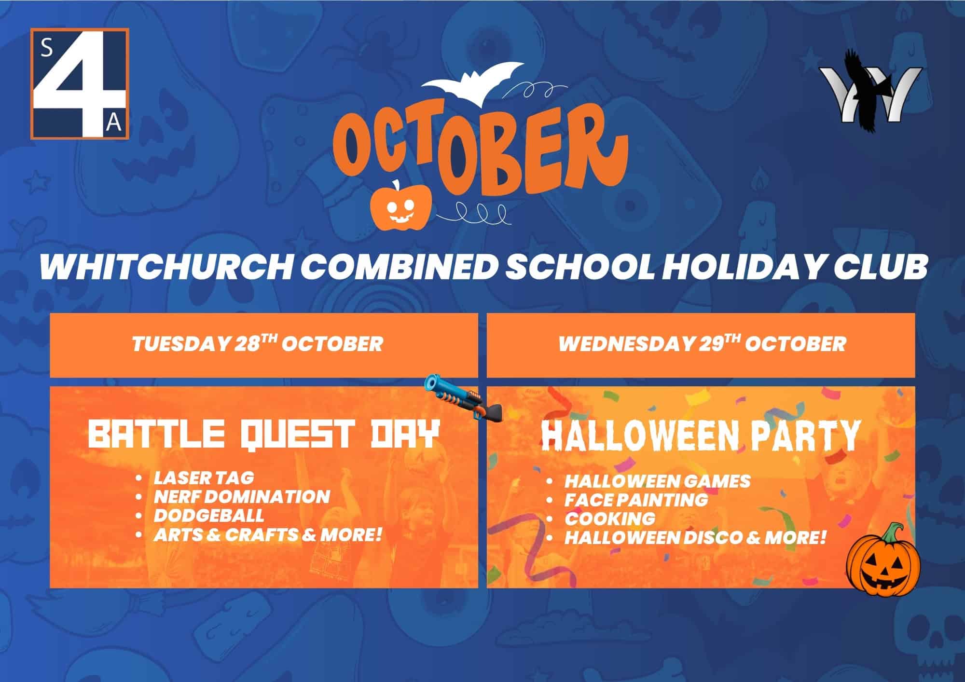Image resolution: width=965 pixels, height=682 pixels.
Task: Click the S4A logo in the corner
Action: click(80, 84)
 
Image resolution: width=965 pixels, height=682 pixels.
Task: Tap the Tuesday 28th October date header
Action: click(257, 343)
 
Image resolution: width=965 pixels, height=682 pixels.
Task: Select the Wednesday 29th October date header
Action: click(702, 343)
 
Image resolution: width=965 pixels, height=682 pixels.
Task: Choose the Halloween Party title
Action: click(701, 436)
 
